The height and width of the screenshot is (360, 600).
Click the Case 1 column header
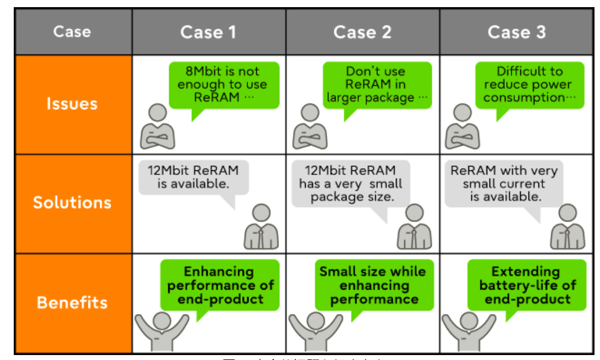coord(208,32)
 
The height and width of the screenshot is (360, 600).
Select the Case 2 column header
coord(362,32)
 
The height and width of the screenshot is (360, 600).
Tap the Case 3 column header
coord(516,32)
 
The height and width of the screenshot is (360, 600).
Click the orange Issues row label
coord(72,104)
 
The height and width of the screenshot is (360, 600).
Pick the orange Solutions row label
coord(72,202)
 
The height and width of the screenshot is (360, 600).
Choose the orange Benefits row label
coord(72,302)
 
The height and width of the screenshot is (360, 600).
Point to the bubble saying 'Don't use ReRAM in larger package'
coord(377,85)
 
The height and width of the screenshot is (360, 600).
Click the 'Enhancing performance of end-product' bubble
coord(220,286)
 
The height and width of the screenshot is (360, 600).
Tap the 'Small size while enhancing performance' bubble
coord(373,286)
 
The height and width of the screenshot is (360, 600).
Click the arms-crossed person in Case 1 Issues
coord(157,128)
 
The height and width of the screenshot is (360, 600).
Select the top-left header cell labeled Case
coord(72,32)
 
